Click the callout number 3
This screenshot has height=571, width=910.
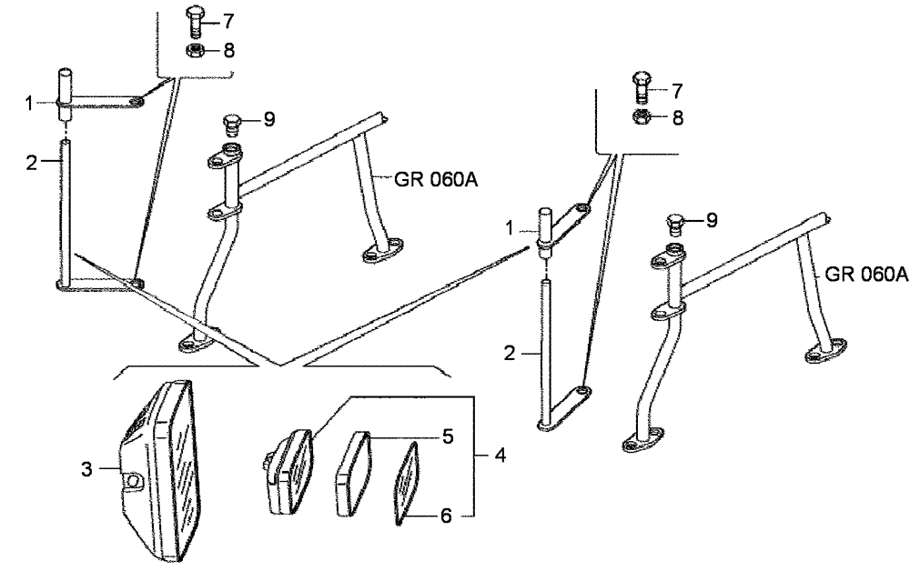click(x=86, y=470)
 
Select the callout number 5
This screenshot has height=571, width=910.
click(x=448, y=436)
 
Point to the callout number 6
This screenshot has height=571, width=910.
click(x=446, y=515)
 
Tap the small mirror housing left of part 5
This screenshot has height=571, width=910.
click(x=288, y=470)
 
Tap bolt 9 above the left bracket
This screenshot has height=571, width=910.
click(x=231, y=121)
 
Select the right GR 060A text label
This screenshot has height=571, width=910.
click(x=866, y=275)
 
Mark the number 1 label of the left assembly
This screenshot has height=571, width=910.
click(x=29, y=104)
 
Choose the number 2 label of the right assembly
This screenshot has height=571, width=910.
click(x=511, y=353)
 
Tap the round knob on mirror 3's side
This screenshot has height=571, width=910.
click(x=133, y=480)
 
